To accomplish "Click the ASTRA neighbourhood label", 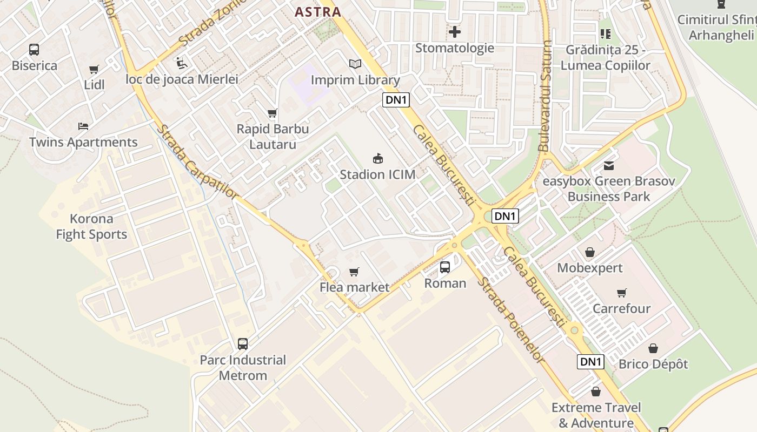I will point(318,12).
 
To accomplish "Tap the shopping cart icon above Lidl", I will point(94,70).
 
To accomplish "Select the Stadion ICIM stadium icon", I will point(378,159).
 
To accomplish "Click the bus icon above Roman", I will point(445,267).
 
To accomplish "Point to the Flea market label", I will point(354,287).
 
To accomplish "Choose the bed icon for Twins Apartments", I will point(83,126).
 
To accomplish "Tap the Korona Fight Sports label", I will point(91,227).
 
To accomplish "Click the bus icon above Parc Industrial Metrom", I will point(243,344).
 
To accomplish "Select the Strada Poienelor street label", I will point(510,320).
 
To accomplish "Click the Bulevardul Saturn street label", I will point(544,96).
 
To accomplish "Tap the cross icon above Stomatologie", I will point(455,32).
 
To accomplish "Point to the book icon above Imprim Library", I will point(355,64).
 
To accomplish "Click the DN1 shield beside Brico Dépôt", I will point(590,362).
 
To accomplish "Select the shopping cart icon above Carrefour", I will point(622,293).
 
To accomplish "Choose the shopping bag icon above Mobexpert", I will point(590,252).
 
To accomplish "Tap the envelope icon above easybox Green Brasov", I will point(609,165).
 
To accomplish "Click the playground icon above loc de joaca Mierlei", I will point(182,64).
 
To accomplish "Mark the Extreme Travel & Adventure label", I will point(596,415).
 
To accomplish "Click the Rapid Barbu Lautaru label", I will point(273,137).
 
